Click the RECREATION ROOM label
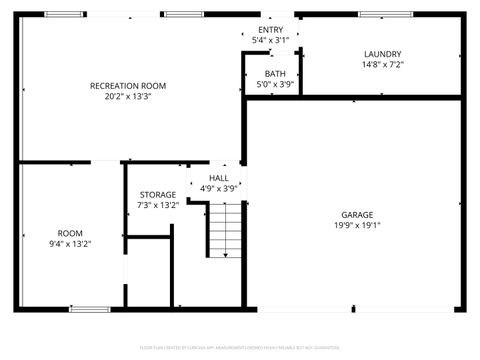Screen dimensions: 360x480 click(x=128, y=86)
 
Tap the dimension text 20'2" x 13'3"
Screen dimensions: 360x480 click(x=128, y=97)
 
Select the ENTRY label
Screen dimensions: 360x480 click(x=270, y=30)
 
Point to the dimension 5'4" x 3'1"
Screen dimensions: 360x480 click(x=270, y=41)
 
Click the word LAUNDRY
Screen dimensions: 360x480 click(x=383, y=54)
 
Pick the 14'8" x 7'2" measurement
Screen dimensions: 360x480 click(x=383, y=65)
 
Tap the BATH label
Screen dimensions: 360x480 click(x=275, y=74)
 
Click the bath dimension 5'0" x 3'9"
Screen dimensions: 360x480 click(x=275, y=85)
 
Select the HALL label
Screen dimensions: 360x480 click(x=218, y=177)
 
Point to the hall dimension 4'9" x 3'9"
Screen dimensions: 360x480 click(x=218, y=188)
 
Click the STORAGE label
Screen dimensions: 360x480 click(x=157, y=194)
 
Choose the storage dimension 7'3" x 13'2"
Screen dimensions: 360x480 click(x=157, y=205)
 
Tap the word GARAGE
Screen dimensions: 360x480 click(x=357, y=214)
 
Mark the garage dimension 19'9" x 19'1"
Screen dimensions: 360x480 click(x=357, y=225)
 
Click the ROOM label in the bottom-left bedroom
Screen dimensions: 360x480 click(x=70, y=232)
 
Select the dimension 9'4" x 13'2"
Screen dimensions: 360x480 click(x=70, y=243)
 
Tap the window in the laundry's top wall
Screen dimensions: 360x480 click(x=386, y=15)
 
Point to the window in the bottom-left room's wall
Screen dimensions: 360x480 click(x=90, y=309)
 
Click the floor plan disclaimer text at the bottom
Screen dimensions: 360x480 click(x=240, y=349)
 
